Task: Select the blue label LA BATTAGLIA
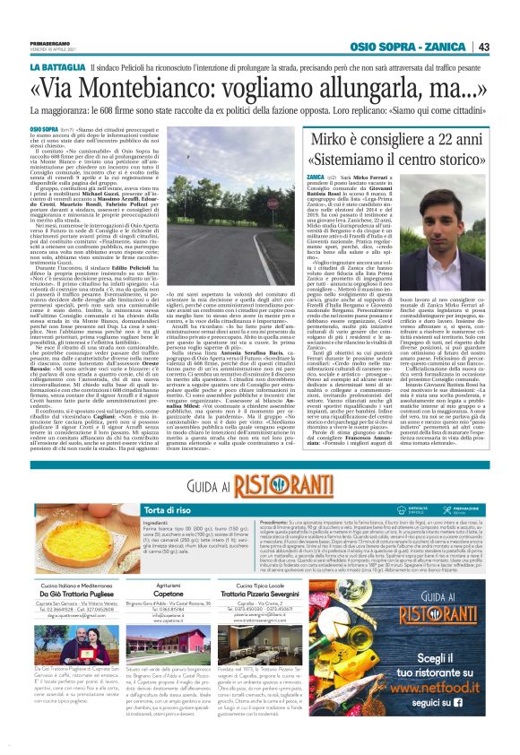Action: coord(57,68)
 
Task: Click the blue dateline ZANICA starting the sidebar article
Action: coord(316,179)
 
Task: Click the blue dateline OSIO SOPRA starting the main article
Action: coord(46,131)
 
